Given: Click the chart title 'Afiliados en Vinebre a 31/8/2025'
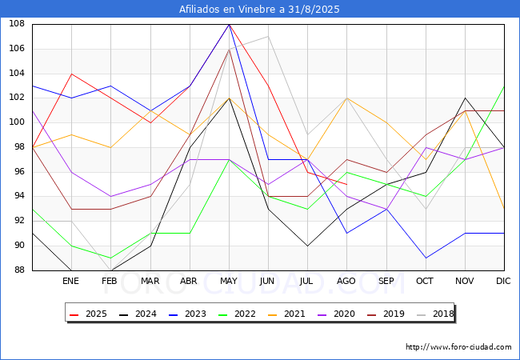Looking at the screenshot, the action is coord(259,9).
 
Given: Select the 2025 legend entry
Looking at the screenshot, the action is coord(88,314).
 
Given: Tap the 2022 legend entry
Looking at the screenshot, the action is coord(237,314).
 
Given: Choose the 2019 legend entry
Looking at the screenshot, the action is coord(386,314).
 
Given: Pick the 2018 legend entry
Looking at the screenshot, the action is coord(435,314).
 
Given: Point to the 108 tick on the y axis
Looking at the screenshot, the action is coord(17,24).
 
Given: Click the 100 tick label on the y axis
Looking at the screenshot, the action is coord(17,122).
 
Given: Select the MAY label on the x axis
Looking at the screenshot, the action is coord(229,281).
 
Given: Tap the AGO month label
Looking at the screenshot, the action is coord(346,281).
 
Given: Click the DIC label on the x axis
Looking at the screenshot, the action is coord(503,281).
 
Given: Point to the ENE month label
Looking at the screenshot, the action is coord(70,281).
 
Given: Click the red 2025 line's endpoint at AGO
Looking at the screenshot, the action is coord(347,184).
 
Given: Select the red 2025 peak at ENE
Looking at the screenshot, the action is coord(72,74).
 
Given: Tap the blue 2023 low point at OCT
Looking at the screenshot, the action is coord(426,258).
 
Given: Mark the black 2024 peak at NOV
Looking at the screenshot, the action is coord(466,98).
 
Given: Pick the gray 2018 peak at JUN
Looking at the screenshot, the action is coord(268,37).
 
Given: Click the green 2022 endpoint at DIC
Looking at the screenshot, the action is coord(504,86).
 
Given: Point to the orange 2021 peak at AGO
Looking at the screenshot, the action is coord(347,98).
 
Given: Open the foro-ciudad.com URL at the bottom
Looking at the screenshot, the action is coord(458,347).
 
